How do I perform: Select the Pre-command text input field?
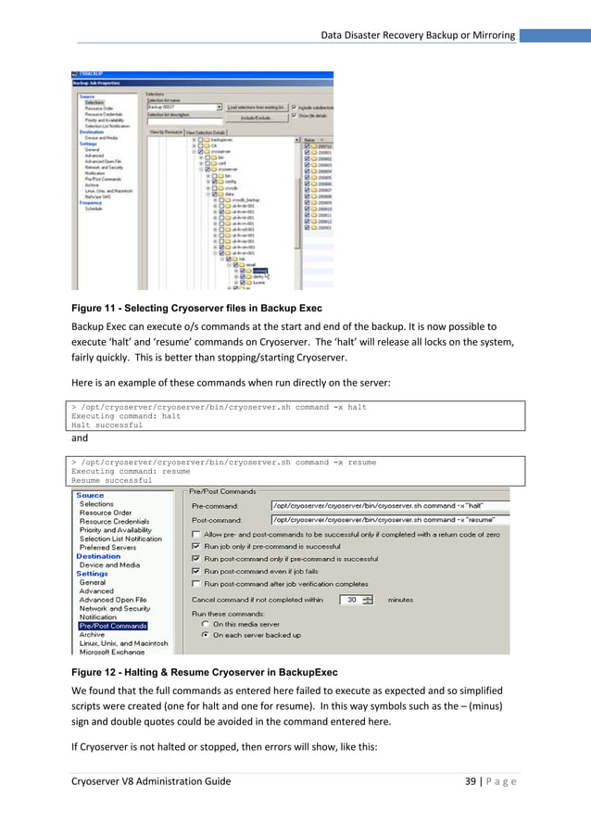click(x=389, y=506)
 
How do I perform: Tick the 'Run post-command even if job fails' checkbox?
click(x=195, y=572)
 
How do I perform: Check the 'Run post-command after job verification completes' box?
click(x=195, y=585)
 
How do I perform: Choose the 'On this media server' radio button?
click(x=205, y=624)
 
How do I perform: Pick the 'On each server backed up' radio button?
click(x=205, y=636)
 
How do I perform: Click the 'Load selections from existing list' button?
click(x=257, y=107)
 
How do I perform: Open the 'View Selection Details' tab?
click(x=209, y=133)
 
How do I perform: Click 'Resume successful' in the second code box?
click(x=111, y=481)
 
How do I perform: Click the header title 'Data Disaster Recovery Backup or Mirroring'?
click(x=418, y=35)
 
